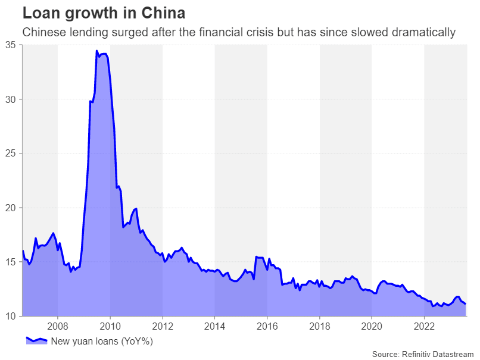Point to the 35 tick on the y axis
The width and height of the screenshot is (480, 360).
tap(10, 45)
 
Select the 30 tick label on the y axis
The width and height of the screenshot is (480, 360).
tap(10, 99)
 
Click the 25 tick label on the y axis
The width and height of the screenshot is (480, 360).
tap(10, 153)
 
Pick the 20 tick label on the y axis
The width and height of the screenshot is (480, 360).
tap(10, 208)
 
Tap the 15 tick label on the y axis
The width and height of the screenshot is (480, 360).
tap(10, 262)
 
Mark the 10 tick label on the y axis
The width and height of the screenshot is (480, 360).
tap(10, 316)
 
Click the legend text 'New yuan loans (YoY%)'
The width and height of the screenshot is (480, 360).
tap(102, 341)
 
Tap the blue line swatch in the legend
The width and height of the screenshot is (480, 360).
tap(36, 340)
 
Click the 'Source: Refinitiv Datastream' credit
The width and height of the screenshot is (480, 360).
tap(423, 354)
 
